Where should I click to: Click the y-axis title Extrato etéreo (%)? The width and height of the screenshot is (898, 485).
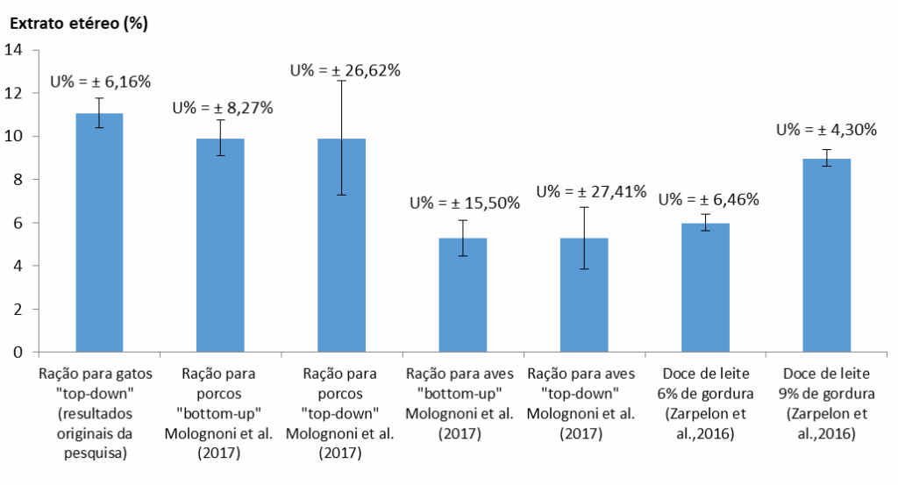[78, 23]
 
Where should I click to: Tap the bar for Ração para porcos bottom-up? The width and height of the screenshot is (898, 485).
[220, 245]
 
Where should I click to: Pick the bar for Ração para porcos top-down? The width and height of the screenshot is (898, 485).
[341, 245]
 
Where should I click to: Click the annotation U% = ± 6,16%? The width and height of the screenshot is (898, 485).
[100, 82]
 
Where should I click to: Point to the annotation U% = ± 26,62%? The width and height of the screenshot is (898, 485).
[347, 70]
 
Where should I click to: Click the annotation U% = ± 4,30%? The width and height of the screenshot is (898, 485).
[826, 130]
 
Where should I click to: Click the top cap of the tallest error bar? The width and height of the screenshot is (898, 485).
[341, 81]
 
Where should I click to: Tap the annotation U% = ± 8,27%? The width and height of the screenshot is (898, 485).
[223, 108]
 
